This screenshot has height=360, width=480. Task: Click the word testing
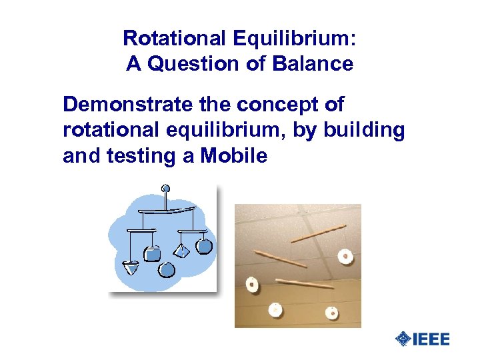[147, 156]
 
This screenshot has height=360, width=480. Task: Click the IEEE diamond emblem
[403, 339]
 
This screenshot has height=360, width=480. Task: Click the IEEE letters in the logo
[431, 339]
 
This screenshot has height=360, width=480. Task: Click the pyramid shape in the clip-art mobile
[181, 251]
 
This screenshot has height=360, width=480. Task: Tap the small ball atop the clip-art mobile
[165, 189]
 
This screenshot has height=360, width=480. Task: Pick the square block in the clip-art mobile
[153, 253]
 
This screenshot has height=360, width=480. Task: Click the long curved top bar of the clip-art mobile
[167, 212]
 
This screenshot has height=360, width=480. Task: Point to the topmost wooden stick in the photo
[319, 233]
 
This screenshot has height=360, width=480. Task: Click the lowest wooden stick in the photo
[305, 283]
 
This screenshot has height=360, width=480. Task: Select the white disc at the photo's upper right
[345, 255]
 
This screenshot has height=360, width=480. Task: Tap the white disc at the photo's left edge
[252, 285]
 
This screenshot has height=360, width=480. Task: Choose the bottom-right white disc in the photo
[331, 311]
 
